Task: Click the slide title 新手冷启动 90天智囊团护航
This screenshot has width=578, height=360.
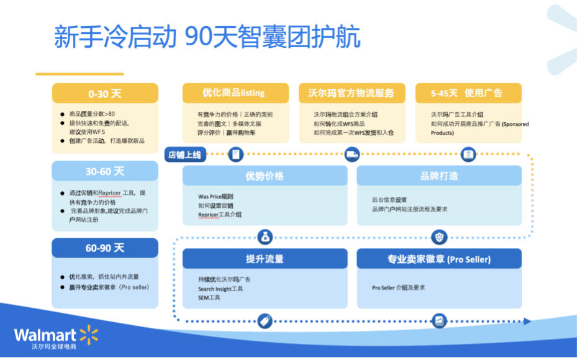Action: click(207, 37)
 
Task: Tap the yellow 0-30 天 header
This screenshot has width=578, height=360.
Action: click(104, 94)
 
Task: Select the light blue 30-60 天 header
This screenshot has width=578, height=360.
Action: click(104, 171)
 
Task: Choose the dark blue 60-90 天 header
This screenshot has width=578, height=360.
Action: click(104, 248)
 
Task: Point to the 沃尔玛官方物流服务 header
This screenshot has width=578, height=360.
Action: click(351, 93)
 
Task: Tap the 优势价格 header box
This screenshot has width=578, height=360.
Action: click(264, 176)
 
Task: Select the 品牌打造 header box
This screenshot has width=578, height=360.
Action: click(439, 176)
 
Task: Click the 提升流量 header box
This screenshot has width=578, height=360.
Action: click(264, 259)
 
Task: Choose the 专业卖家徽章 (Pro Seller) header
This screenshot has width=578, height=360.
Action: click(439, 259)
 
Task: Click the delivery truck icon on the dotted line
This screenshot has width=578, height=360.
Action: click(351, 155)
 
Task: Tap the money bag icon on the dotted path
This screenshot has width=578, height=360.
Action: click(265, 236)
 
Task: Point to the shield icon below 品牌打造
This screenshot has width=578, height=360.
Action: click(439, 236)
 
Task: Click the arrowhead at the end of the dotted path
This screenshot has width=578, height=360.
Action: click(527, 321)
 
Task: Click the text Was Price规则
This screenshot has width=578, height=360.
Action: click(216, 197)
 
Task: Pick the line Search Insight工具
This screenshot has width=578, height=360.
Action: click(220, 289)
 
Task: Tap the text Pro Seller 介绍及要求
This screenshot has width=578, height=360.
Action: click(399, 287)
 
